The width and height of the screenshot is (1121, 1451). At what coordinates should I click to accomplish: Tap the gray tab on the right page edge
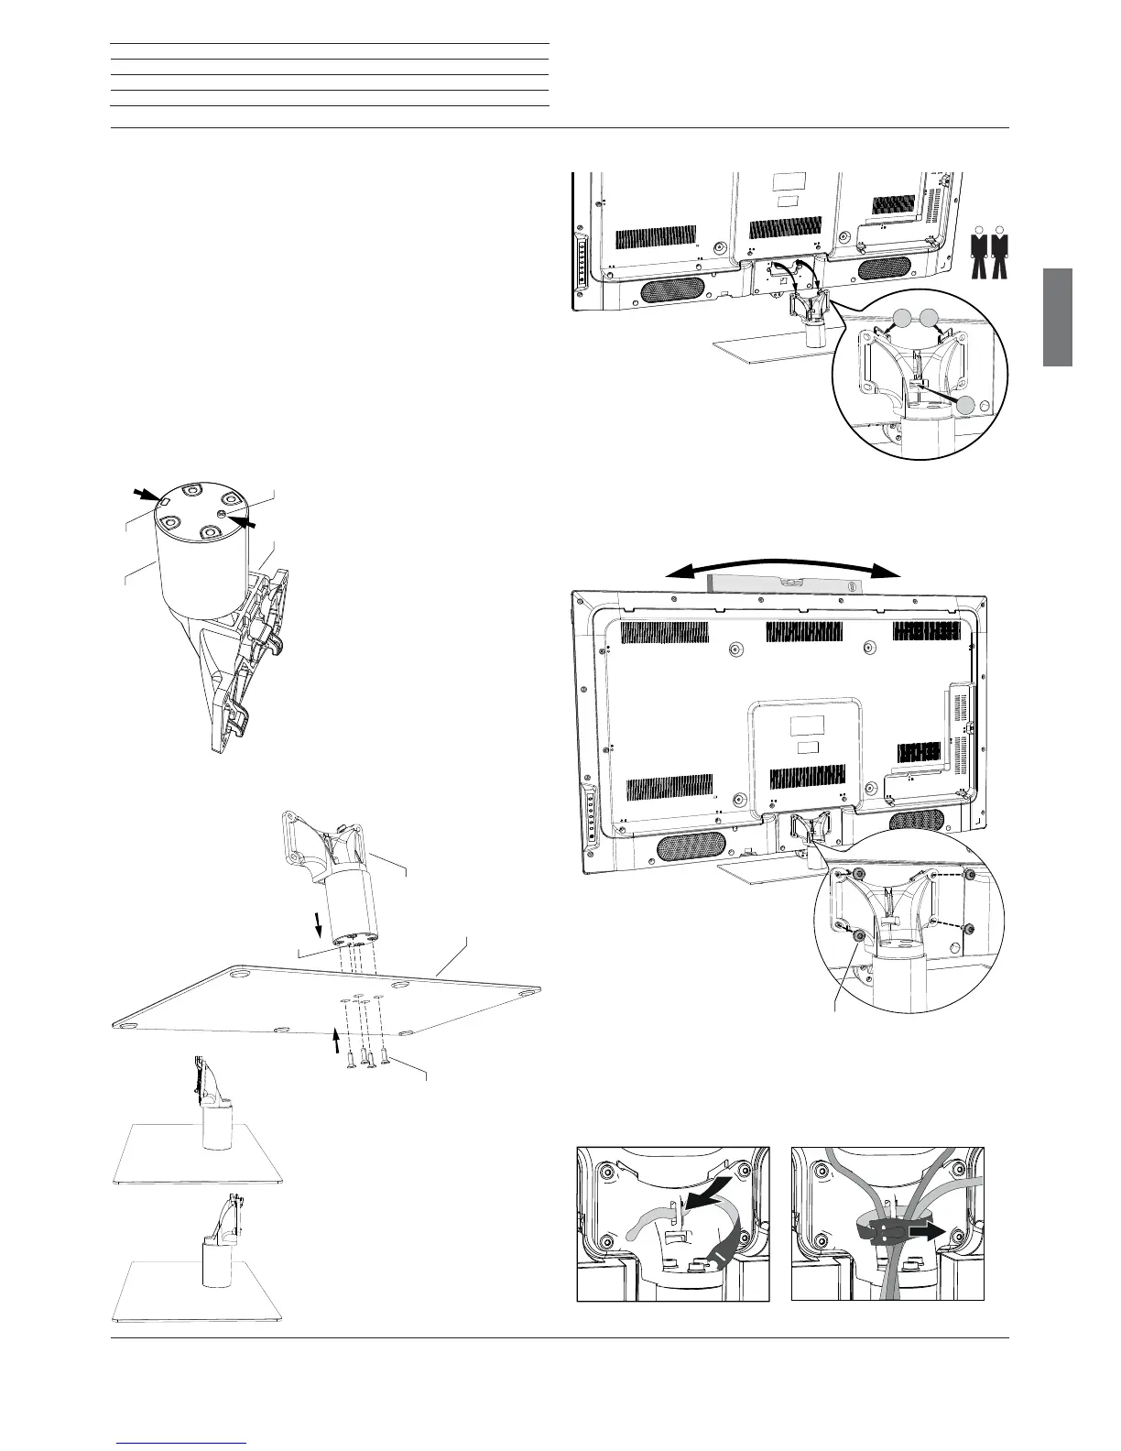click(1058, 317)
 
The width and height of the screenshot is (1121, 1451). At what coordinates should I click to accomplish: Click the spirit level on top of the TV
click(780, 583)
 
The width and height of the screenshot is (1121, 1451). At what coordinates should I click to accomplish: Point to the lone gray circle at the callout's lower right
click(969, 407)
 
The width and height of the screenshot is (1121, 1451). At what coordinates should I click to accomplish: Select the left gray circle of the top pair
click(902, 319)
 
